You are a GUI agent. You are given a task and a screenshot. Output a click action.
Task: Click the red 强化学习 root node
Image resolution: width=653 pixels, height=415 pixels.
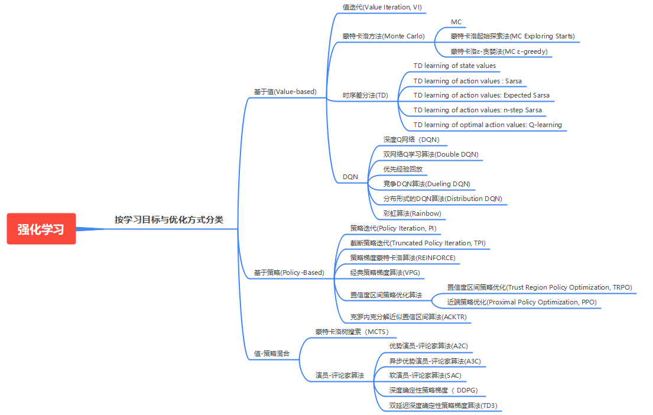tap(41, 229)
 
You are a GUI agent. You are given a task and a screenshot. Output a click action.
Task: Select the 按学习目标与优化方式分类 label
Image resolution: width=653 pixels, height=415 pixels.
tap(169, 219)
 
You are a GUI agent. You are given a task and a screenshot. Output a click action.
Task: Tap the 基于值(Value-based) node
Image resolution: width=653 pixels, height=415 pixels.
tap(285, 92)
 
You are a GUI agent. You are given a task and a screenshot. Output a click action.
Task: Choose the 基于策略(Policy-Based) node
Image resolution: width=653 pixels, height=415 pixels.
tap(289, 273)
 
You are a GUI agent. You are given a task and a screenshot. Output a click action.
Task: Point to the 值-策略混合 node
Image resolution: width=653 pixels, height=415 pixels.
tap(272, 354)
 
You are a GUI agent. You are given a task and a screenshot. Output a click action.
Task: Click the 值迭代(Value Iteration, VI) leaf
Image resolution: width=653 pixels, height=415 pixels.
tap(382, 7)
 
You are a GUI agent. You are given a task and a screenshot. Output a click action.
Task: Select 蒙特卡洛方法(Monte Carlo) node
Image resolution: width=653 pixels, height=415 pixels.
tap(383, 36)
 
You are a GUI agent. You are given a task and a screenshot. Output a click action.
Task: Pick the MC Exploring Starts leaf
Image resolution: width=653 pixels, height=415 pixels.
tap(512, 36)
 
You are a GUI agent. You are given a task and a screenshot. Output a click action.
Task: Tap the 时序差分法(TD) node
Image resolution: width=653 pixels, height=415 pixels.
tap(365, 95)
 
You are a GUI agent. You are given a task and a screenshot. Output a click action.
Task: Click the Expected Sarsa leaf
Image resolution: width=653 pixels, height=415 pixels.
tap(481, 95)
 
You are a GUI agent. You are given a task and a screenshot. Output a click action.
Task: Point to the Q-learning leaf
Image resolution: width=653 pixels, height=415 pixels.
tap(487, 125)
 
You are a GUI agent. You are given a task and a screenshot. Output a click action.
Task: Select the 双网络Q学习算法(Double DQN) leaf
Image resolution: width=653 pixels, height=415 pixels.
tap(430, 154)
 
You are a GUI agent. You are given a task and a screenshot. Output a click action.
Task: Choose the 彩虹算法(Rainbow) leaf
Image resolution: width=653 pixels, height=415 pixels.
tap(412, 213)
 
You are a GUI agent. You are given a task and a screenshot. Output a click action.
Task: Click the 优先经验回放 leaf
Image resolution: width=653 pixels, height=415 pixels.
tap(402, 169)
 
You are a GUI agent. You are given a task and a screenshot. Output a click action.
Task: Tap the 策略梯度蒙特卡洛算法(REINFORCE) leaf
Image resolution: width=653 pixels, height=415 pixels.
tap(402, 258)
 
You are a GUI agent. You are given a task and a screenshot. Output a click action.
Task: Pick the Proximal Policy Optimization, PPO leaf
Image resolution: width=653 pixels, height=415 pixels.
tap(522, 302)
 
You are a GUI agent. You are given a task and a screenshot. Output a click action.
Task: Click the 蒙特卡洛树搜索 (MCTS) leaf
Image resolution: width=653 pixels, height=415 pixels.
tap(352, 332)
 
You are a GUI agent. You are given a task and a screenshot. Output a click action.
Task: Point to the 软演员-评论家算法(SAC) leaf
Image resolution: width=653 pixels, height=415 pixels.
tap(425, 375)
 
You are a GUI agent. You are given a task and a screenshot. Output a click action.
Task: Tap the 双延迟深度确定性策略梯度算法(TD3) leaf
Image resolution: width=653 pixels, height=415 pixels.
tap(443, 406)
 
